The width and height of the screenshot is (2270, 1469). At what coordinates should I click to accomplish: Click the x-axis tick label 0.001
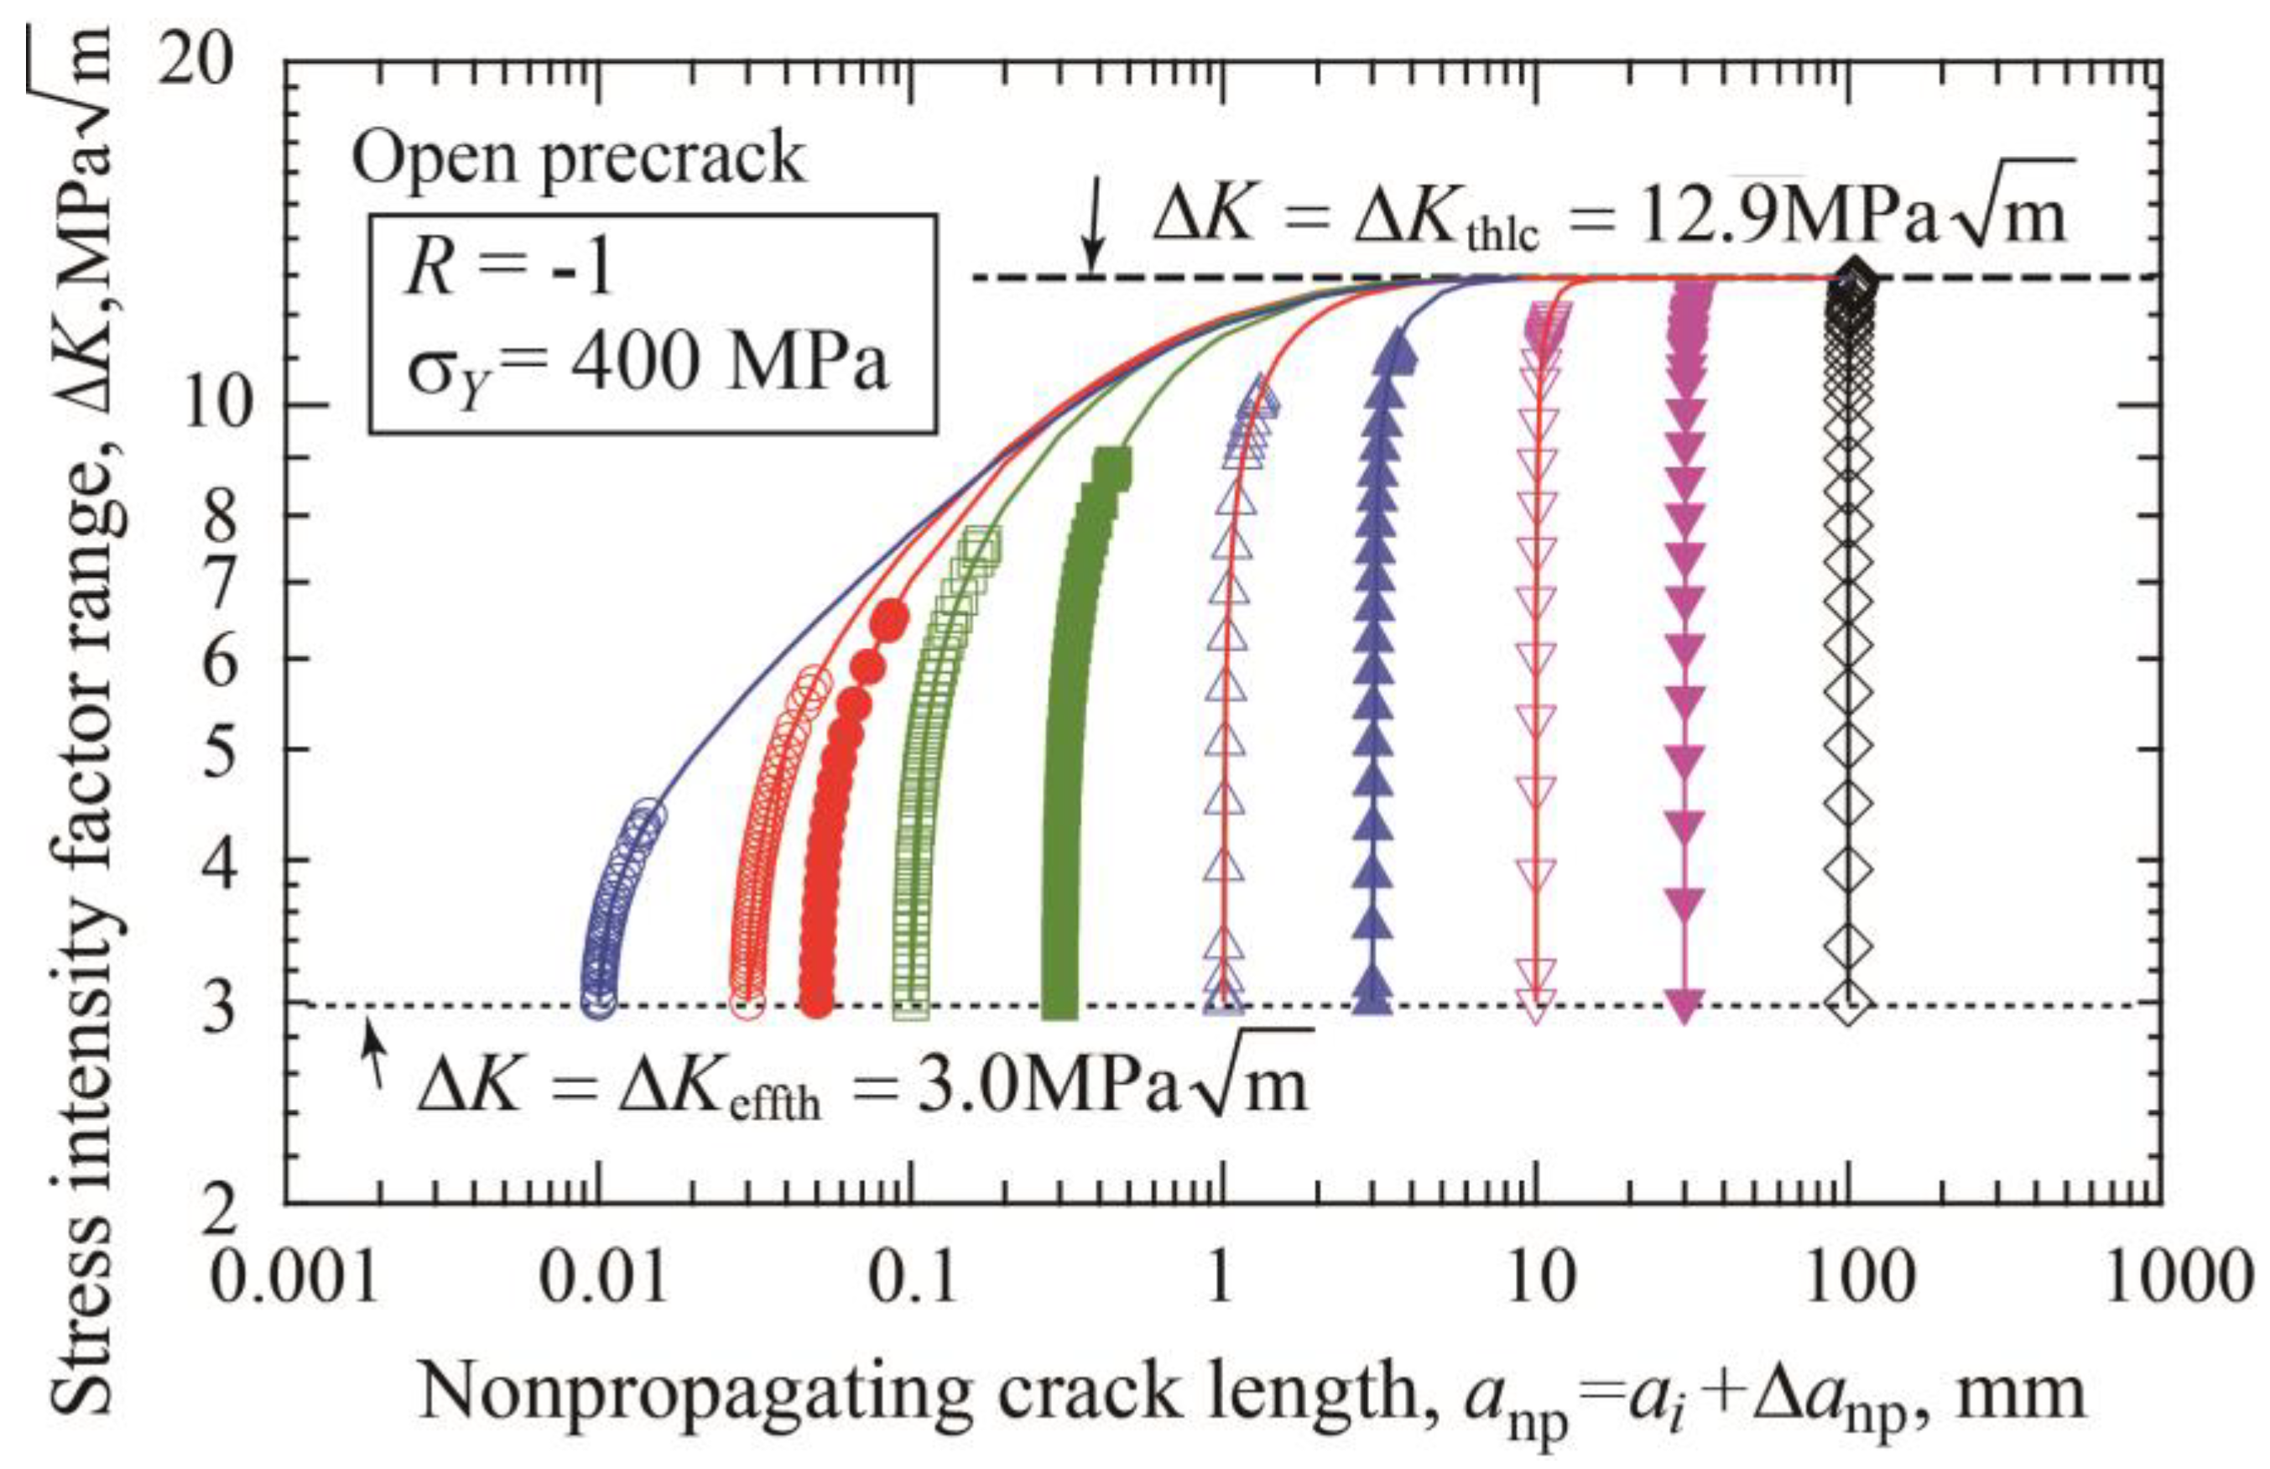click(294, 1279)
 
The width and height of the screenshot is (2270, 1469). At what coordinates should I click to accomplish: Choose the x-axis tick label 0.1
click(912, 1279)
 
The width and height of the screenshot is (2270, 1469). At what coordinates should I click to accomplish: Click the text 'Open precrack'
click(578, 158)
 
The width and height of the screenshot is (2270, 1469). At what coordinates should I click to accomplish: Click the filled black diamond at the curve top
click(1851, 279)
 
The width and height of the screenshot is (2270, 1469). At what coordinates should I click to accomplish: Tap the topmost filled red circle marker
click(890, 621)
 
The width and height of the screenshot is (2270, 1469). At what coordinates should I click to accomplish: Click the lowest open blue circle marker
click(598, 1002)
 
